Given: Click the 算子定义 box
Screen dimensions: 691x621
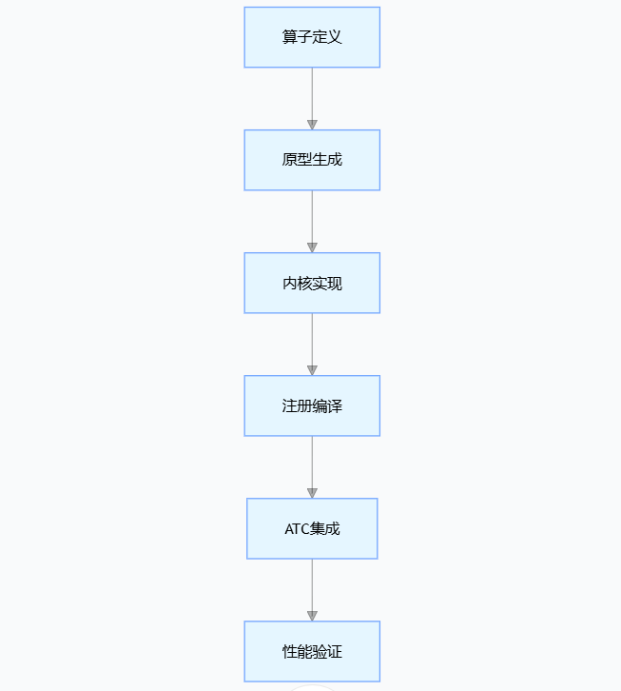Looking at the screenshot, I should pos(312,37).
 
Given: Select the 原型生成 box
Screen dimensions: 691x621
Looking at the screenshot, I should pos(312,160).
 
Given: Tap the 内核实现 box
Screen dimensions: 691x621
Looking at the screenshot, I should pos(312,283).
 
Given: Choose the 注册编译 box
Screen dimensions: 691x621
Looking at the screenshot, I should pos(312,405).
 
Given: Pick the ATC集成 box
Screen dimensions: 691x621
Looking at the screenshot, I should pos(312,528).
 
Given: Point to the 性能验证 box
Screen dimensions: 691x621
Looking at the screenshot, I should pos(312,651).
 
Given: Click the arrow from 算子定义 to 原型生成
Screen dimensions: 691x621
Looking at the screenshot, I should pos(312,95).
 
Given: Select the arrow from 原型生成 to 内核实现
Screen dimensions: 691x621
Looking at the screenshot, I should pos(312,218).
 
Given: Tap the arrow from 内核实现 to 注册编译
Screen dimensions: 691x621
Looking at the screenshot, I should pos(312,341).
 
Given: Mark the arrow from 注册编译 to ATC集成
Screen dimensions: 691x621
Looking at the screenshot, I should pos(312,464).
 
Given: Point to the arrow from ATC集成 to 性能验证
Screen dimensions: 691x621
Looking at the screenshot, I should pos(312,586).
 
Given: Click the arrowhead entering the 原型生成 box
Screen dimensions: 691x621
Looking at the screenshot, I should pos(312,125).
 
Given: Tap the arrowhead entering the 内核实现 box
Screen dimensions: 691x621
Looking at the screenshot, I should pos(312,247).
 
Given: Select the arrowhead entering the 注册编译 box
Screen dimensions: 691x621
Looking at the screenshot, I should pos(312,370).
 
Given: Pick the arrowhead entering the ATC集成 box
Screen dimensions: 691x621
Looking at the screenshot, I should pos(312,493).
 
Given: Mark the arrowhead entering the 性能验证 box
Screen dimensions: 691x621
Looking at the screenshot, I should pos(312,616).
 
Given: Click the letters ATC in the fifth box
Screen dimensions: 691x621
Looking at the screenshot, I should pos(297,529).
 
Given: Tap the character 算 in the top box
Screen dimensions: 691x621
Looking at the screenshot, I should pos(289,37).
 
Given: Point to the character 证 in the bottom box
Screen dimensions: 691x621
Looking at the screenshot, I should pos(335,652).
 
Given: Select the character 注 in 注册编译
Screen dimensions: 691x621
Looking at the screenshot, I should pos(289,406).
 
